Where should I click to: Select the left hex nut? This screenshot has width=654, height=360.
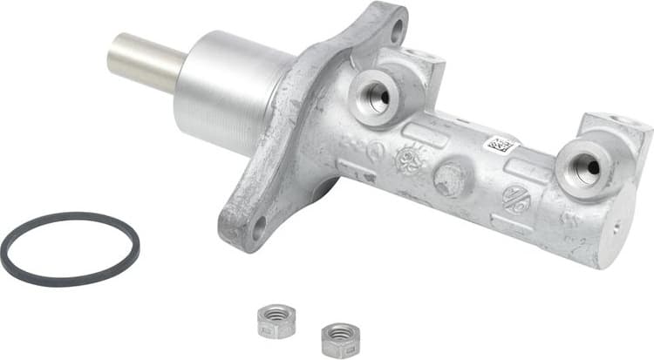pos(277,320)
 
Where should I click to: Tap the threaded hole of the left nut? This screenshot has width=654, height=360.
pos(277,314)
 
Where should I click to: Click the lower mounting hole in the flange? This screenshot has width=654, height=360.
pos(259,229)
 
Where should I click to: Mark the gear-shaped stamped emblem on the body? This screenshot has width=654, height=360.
pos(407,160)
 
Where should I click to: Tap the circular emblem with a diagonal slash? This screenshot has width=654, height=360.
pos(515,200)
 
